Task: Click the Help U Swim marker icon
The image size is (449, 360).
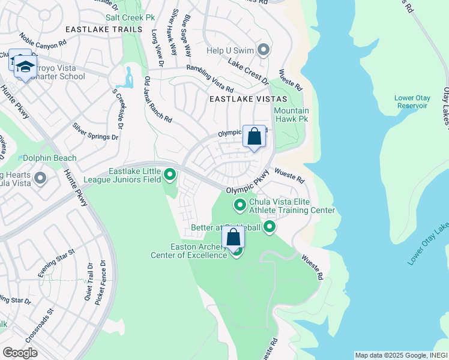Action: (x=263, y=49)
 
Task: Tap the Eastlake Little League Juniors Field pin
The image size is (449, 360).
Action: (x=170, y=175)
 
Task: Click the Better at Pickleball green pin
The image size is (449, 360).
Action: (x=270, y=227)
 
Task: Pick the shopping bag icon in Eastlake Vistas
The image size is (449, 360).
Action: (x=254, y=136)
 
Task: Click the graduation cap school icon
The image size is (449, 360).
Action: (x=25, y=67)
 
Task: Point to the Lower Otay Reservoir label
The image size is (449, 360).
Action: (x=411, y=101)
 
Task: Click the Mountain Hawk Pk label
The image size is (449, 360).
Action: (x=291, y=115)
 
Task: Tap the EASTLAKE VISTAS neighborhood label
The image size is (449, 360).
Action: (x=248, y=98)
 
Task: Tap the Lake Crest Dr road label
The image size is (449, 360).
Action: (x=247, y=69)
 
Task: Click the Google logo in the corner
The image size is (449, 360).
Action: (x=20, y=352)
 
